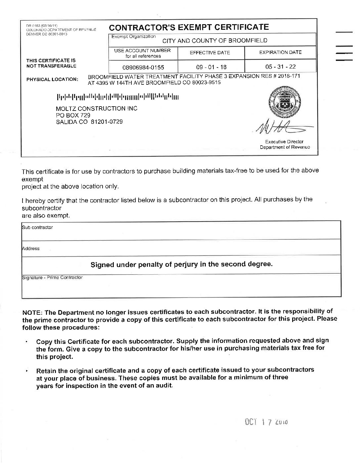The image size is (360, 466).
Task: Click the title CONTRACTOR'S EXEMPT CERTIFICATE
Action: [189, 27]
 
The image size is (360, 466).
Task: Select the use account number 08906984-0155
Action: [143, 67]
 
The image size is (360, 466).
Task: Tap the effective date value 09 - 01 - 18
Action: [211, 67]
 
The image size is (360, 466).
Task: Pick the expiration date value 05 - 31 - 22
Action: [280, 67]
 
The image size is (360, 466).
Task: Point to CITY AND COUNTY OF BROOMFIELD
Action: [214, 41]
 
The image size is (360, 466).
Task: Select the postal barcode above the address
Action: [118, 97]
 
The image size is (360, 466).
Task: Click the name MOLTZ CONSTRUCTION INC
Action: [97, 109]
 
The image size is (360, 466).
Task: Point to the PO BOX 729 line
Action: [73, 115]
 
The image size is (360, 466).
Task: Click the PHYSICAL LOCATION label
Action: [52, 79]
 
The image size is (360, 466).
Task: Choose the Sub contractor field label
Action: [37, 227]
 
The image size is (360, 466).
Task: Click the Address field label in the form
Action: [31, 249]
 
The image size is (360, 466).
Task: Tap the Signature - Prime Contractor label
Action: [52, 277]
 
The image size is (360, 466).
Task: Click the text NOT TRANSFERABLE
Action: [51, 66]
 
